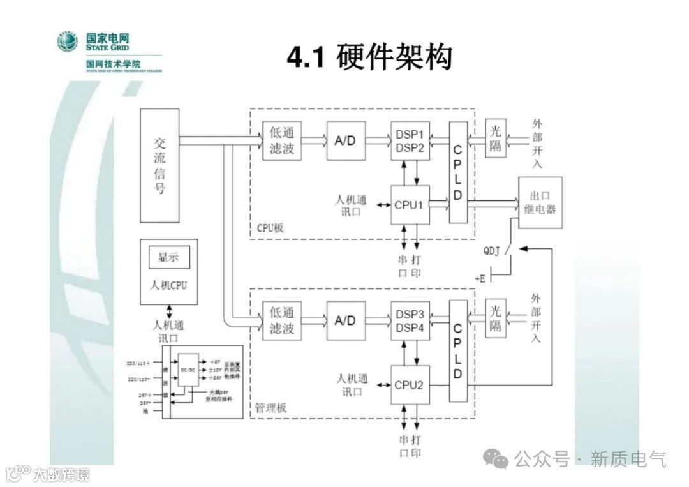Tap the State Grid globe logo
(x=67, y=41)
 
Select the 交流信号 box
(x=159, y=165)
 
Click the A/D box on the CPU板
(x=346, y=140)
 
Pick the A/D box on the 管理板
(x=346, y=320)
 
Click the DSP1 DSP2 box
(x=410, y=140)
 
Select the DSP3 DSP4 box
(x=410, y=320)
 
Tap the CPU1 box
(x=410, y=205)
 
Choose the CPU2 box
(x=410, y=385)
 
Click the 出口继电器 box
(x=540, y=202)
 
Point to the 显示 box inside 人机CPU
(x=168, y=258)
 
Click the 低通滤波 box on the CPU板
(x=282, y=140)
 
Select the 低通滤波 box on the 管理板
(x=282, y=320)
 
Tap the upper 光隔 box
(x=496, y=139)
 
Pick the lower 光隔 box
(x=496, y=318)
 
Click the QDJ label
(x=493, y=250)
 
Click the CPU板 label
(x=270, y=228)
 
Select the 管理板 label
(x=271, y=408)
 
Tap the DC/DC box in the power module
(x=188, y=369)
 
